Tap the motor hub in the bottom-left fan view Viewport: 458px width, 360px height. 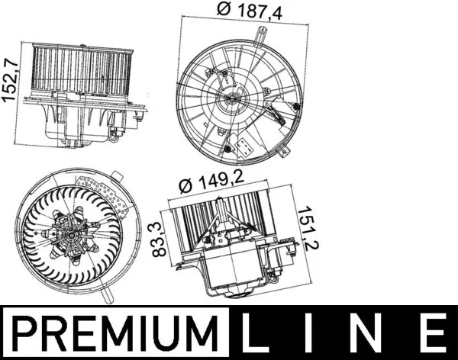pyautogui.click(x=74, y=236)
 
